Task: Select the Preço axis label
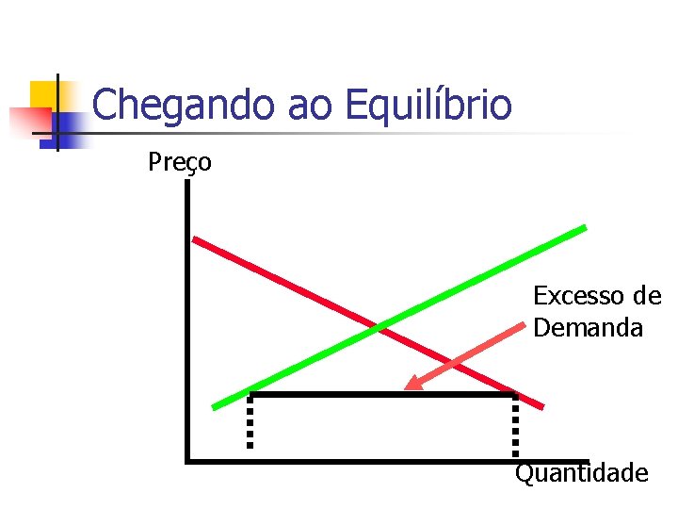(x=180, y=163)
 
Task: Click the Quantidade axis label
(x=581, y=472)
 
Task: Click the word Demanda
(x=588, y=328)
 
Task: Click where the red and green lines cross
(x=382, y=328)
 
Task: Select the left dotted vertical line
(x=250, y=421)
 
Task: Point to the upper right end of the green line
(x=585, y=227)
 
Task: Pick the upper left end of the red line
(x=194, y=238)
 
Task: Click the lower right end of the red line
(x=542, y=406)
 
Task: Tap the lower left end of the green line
(x=214, y=407)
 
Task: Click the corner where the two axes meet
(x=188, y=461)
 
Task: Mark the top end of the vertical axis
(x=188, y=182)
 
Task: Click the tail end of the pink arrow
(x=523, y=325)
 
